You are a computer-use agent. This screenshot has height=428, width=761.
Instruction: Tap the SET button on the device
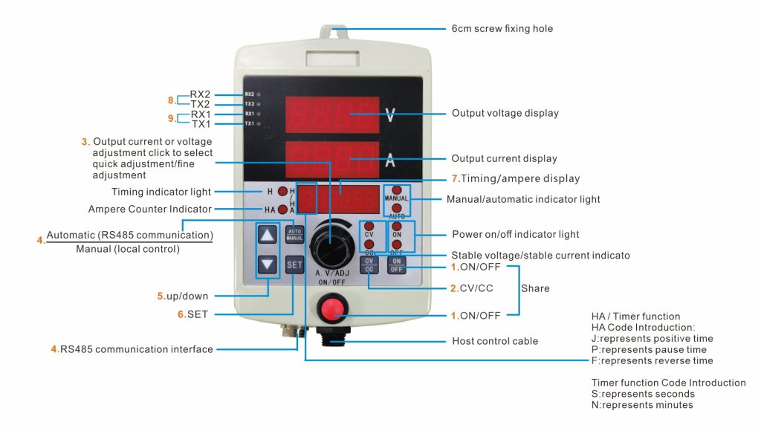[294, 264]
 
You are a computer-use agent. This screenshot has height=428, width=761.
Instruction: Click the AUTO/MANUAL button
[294, 233]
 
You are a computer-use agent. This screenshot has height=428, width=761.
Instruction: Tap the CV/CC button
[369, 265]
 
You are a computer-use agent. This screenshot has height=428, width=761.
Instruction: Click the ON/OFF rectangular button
[397, 265]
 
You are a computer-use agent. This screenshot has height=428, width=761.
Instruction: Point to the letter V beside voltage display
[391, 114]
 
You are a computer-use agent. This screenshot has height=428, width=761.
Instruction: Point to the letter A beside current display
[390, 160]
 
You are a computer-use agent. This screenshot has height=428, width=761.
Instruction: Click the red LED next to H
[283, 191]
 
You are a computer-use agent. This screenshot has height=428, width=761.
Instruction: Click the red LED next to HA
[283, 210]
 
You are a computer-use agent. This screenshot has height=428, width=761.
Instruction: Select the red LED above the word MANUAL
[397, 190]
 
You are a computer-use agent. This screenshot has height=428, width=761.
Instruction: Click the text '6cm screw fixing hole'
[502, 29]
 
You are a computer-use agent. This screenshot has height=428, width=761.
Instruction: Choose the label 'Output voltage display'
[505, 114]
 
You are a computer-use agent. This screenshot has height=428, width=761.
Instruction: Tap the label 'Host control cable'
[495, 341]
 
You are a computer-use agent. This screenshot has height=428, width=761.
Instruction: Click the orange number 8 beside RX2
[171, 100]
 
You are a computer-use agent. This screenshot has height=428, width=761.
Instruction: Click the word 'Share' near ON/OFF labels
[535, 288]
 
